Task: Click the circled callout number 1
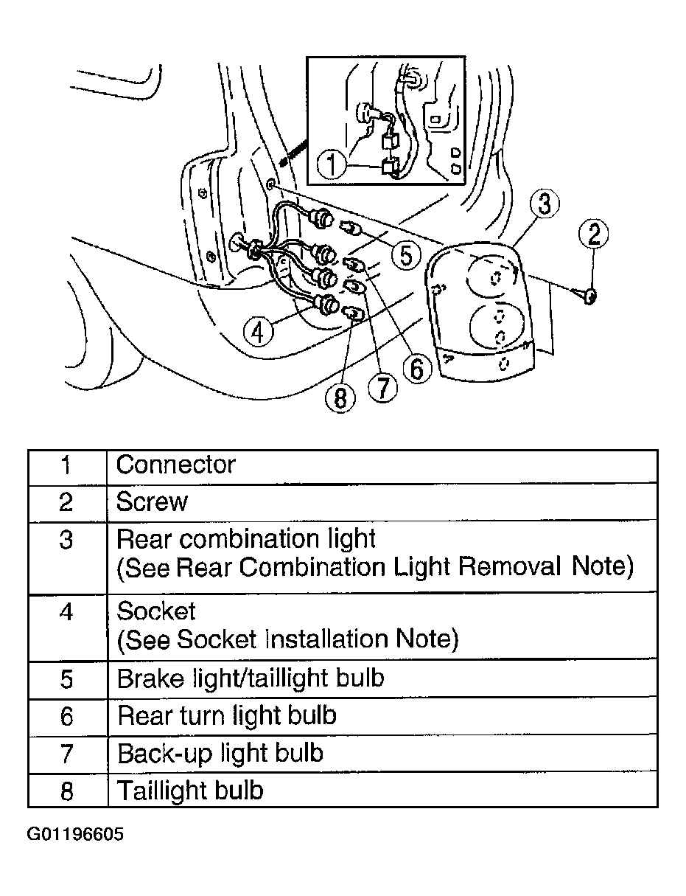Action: tap(332, 164)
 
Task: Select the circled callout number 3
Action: tap(543, 204)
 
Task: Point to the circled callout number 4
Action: tap(256, 331)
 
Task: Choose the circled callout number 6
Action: tap(416, 367)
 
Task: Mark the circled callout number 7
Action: tap(382, 386)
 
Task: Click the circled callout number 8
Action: tap(340, 398)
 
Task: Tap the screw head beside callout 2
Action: tap(589, 297)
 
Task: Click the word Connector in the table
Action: tap(176, 465)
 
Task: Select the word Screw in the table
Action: tap(153, 502)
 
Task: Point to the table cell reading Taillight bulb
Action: tap(190, 791)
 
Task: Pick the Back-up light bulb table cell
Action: tap(220, 753)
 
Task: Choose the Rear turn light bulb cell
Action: tap(227, 715)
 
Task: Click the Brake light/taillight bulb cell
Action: tap(251, 678)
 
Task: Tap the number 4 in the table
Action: tap(66, 611)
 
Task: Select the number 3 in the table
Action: tap(66, 540)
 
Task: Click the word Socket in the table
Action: tap(156, 611)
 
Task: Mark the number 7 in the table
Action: tap(66, 753)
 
